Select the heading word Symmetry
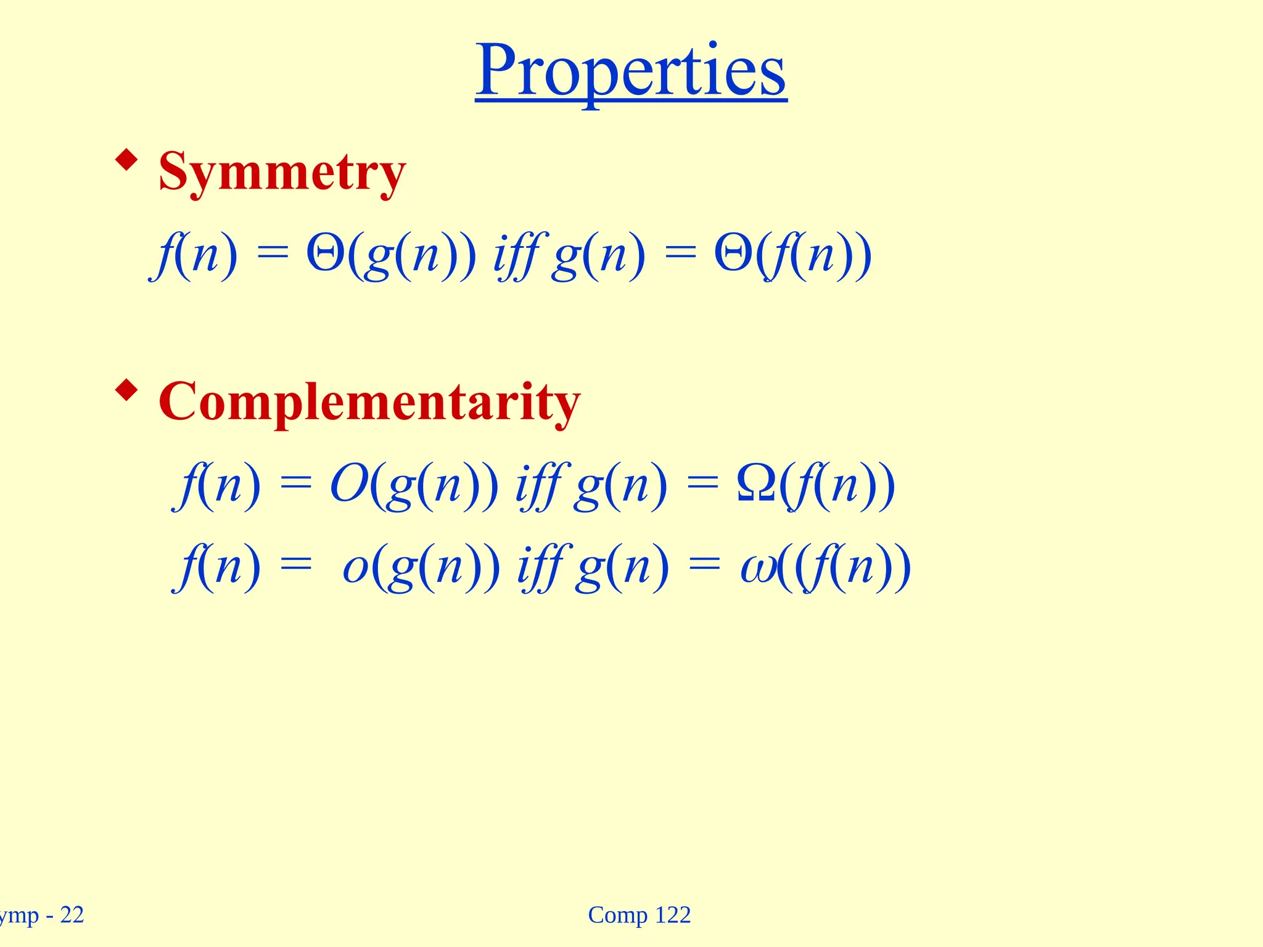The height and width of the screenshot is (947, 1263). [282, 172]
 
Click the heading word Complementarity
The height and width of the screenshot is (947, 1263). [369, 402]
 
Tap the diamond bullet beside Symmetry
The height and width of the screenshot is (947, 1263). [126, 160]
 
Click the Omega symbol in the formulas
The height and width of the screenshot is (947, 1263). [756, 485]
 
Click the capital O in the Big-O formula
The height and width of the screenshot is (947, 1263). [350, 485]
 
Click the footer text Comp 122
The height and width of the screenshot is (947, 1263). [640, 916]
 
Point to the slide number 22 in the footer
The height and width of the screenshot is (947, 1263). [72, 916]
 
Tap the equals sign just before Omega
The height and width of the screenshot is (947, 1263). [703, 484]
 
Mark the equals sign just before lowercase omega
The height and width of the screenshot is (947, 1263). [704, 567]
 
